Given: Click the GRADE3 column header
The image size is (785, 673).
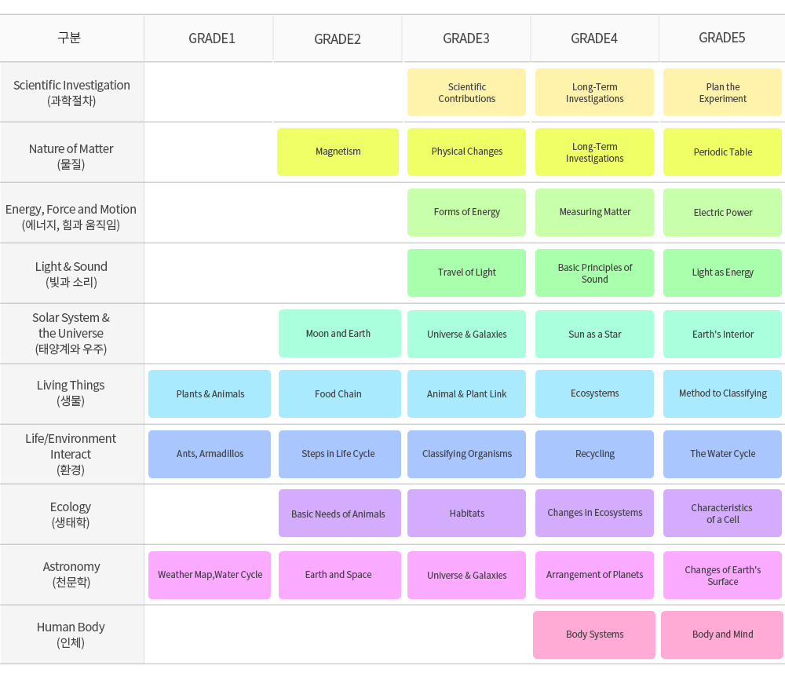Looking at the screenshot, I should pyautogui.click(x=466, y=38).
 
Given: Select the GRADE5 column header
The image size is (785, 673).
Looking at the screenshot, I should pyautogui.click(x=722, y=38).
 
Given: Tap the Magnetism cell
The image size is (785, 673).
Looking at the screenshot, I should pyautogui.click(x=338, y=152).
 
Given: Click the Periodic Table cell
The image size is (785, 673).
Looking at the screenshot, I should pyautogui.click(x=723, y=152).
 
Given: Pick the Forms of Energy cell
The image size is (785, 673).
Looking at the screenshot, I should pyautogui.click(x=467, y=212).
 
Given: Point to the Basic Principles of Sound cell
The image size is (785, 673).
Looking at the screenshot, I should pyautogui.click(x=595, y=273).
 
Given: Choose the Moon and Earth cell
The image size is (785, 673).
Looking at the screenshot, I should pyautogui.click(x=338, y=334).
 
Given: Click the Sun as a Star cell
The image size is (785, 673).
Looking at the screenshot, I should pyautogui.click(x=595, y=335).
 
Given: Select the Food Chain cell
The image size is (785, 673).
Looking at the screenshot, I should pyautogui.click(x=338, y=394).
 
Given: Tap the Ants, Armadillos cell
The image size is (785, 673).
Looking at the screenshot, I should pyautogui.click(x=210, y=454).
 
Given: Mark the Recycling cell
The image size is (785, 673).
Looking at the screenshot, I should pyautogui.click(x=595, y=454).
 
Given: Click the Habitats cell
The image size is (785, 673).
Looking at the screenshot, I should pyautogui.click(x=467, y=514).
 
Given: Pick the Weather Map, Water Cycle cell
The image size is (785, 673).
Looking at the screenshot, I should pyautogui.click(x=210, y=575).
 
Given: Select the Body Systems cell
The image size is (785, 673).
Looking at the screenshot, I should pyautogui.click(x=595, y=635).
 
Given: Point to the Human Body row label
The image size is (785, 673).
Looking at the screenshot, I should pyautogui.click(x=71, y=635).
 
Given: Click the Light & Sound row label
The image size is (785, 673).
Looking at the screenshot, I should pyautogui.click(x=71, y=273).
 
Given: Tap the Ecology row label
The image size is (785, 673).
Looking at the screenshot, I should pyautogui.click(x=71, y=514).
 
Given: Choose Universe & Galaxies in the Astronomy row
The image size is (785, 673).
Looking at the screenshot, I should pyautogui.click(x=467, y=576).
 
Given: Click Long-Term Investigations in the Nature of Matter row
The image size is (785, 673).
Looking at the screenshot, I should pyautogui.click(x=595, y=152).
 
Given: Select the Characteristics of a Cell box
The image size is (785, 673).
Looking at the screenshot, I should pyautogui.click(x=723, y=514).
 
